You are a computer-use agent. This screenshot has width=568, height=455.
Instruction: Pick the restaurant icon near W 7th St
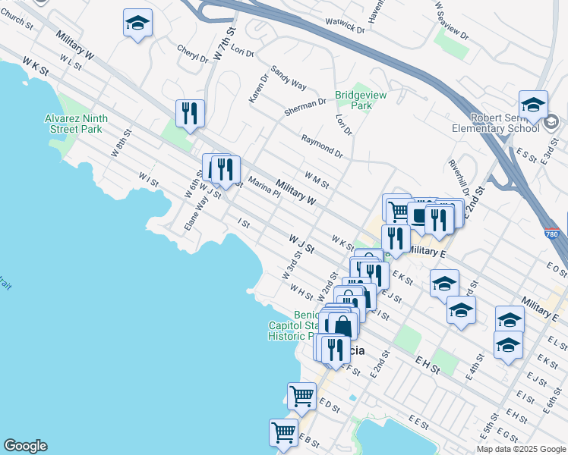coord(189,114)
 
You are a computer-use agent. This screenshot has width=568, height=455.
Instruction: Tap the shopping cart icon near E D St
coord(301,396)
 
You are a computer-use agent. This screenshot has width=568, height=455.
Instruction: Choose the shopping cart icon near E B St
coord(283,432)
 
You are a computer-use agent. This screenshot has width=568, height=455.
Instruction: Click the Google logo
coord(25,446)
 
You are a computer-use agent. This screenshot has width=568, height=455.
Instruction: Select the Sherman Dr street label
coord(305,106)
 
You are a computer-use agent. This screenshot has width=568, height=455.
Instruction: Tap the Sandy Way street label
coord(289,76)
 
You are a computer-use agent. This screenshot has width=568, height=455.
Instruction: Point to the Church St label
coord(17,21)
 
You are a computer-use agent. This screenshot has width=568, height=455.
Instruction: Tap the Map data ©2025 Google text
coord(520,449)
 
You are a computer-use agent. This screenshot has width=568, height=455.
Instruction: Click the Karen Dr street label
coord(258,88)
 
